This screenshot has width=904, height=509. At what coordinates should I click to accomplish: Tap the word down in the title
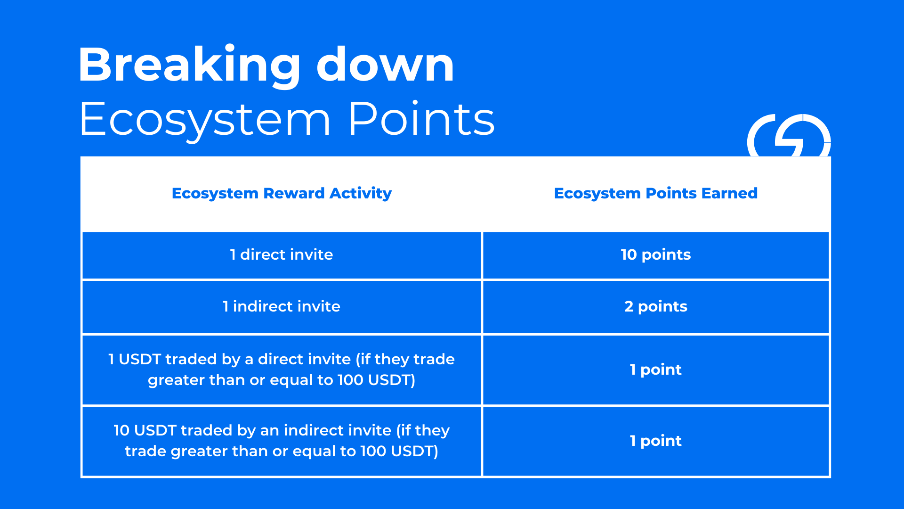[x=385, y=65]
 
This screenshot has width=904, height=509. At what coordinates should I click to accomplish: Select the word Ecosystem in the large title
[x=205, y=121]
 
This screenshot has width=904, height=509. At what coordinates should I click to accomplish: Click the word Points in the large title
[x=421, y=118]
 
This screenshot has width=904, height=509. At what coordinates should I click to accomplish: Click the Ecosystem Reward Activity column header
[x=282, y=194]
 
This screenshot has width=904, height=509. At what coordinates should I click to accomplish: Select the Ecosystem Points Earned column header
[x=655, y=193]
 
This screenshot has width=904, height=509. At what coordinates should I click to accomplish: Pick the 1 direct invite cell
[x=282, y=254]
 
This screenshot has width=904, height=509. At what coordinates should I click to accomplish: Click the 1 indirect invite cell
[x=282, y=306]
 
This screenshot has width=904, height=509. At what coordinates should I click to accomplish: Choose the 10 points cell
[x=655, y=255]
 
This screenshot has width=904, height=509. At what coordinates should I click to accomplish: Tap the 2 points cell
[x=655, y=307]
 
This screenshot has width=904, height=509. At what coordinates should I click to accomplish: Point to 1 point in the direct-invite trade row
[x=655, y=370]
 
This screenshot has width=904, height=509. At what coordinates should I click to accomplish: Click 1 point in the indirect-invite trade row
[x=655, y=441]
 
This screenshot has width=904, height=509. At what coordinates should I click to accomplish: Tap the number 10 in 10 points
[x=629, y=254]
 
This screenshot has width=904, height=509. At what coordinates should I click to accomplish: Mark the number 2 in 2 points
[x=629, y=306]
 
